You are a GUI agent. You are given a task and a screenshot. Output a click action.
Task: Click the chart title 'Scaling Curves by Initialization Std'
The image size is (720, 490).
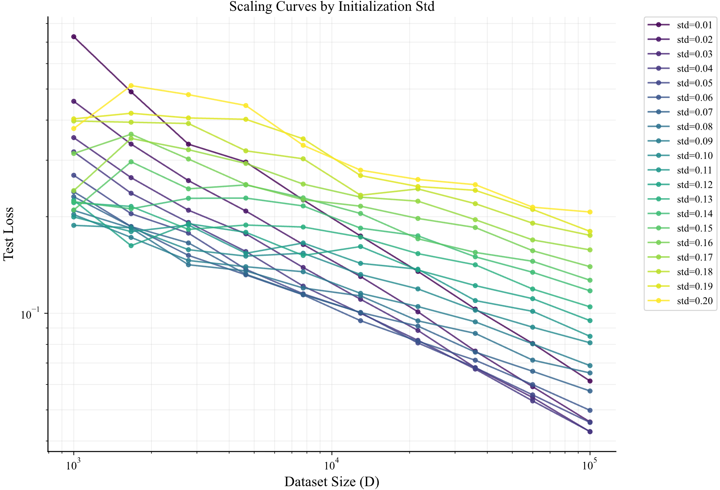[x=332, y=6]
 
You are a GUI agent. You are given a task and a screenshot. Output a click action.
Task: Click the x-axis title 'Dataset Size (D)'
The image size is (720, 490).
[x=332, y=482]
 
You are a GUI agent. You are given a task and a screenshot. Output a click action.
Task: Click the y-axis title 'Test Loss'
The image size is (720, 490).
[x=9, y=234]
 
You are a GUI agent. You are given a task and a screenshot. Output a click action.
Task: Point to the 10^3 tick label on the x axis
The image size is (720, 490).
[x=74, y=465]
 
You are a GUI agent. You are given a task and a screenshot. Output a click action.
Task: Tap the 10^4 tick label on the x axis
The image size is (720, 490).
[x=332, y=465]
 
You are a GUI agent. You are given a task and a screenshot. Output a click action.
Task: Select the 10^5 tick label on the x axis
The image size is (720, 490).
[x=590, y=465]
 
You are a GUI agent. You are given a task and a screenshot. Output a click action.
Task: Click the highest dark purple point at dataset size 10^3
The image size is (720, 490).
[x=74, y=37]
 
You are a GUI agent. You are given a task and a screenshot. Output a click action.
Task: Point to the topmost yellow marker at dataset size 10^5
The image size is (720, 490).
[x=590, y=212]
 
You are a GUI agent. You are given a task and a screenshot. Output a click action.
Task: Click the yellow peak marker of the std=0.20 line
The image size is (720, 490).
[x=131, y=86]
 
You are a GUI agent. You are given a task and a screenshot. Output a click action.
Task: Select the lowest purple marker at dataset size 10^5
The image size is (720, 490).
[x=590, y=432]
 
